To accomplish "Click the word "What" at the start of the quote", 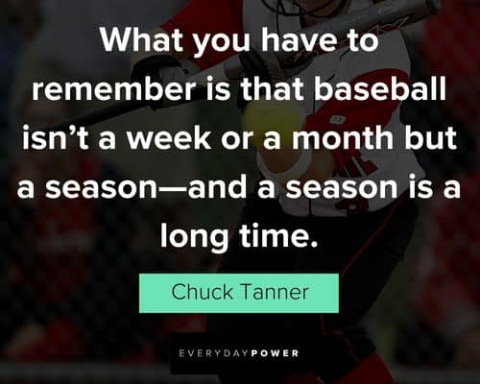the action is point(142,39).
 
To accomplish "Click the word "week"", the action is point(169,137).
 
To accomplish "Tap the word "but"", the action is point(430,137).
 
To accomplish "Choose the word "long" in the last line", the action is point(194,237).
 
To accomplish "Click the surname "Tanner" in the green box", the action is point(275,292).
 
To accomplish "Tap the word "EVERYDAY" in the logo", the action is point(214,353).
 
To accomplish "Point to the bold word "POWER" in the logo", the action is point(276,353).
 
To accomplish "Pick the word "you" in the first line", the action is point(222,43).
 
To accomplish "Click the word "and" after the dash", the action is point(217,186).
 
